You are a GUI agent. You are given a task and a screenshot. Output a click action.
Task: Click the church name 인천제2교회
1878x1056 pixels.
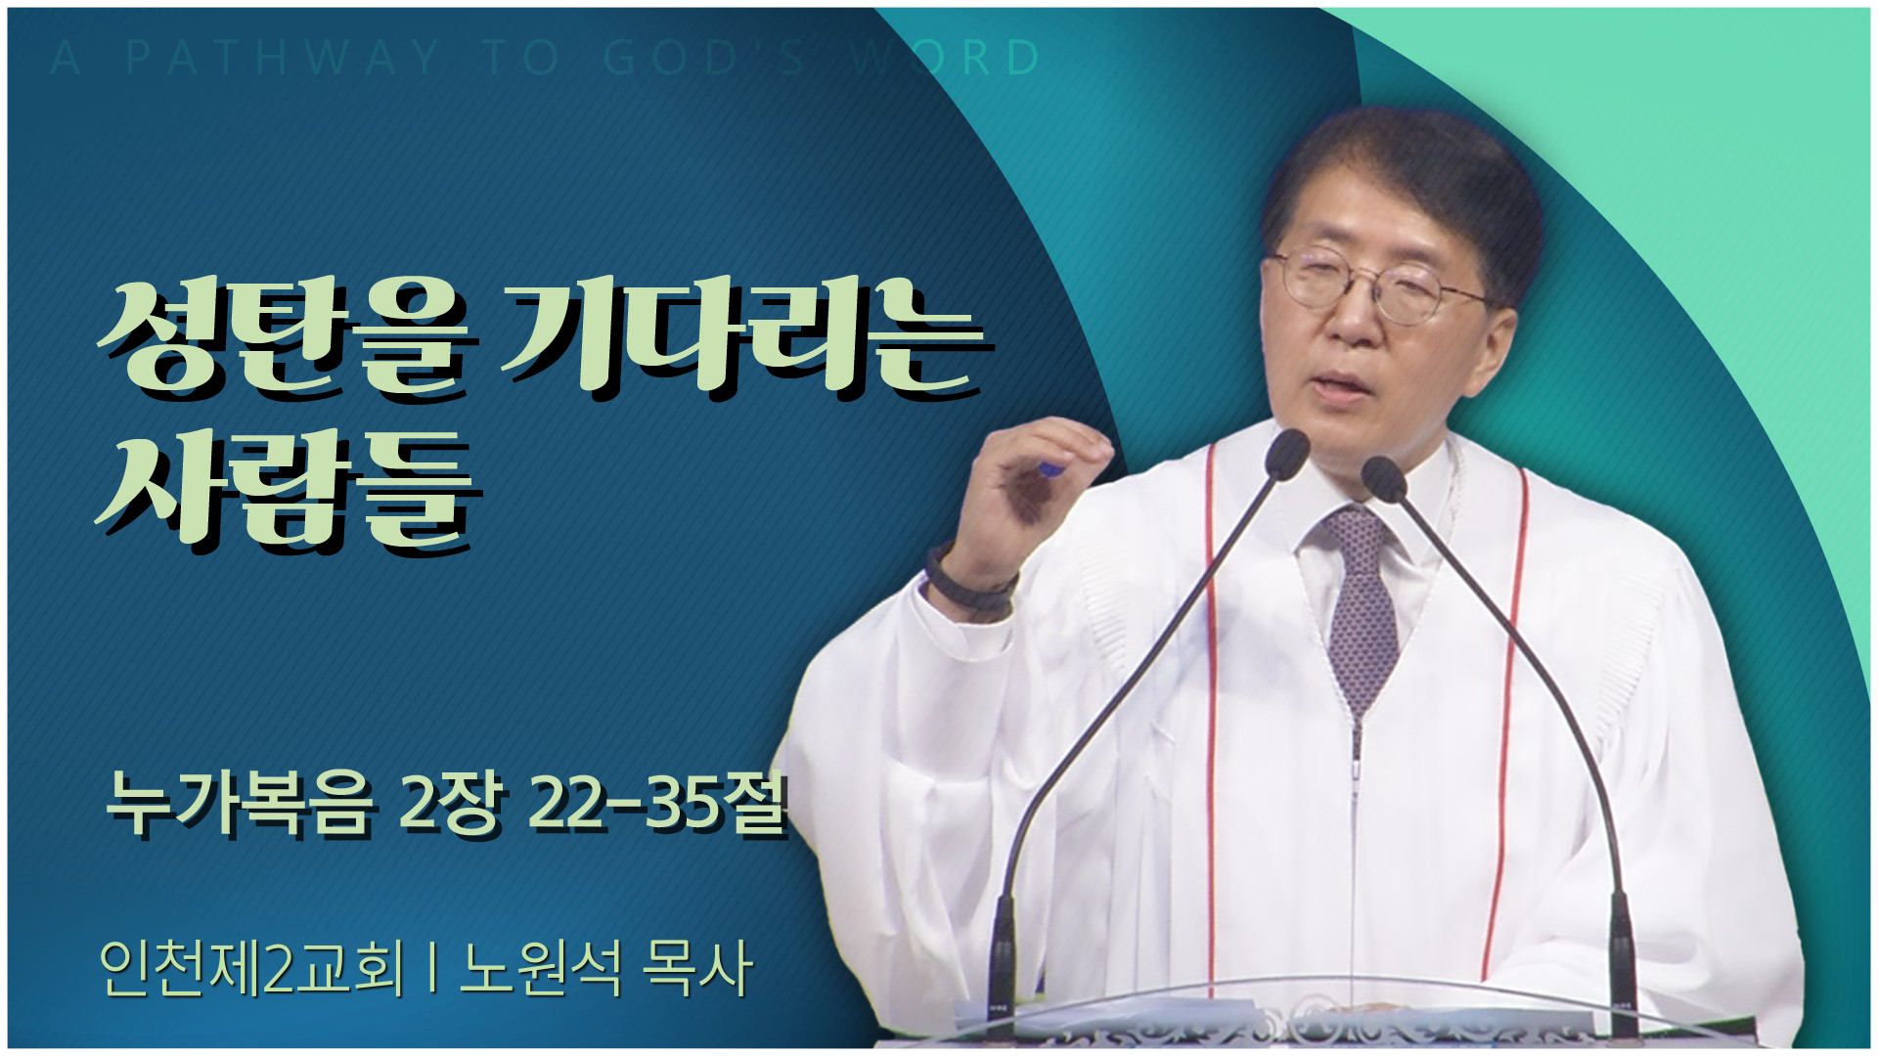pyautogui.click(x=251, y=969)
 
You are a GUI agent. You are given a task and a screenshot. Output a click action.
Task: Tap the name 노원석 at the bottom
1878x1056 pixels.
pyautogui.click(x=540, y=969)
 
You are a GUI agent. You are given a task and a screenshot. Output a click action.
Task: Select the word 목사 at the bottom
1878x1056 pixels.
pyautogui.click(x=696, y=969)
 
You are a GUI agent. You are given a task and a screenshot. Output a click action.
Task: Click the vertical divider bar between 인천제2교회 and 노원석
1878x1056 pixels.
pyautogui.click(x=431, y=970)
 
